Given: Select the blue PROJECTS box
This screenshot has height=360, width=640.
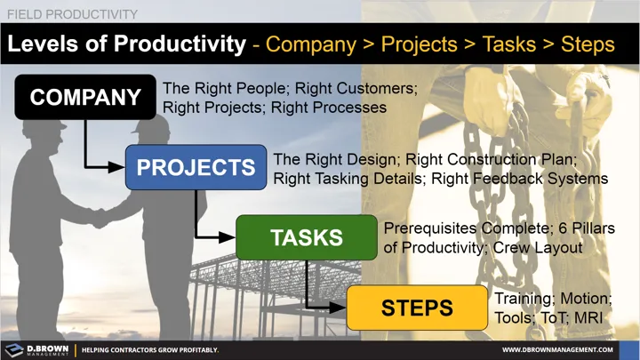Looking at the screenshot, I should coord(196,167).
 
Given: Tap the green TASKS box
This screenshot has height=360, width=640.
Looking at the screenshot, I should coord(306,237).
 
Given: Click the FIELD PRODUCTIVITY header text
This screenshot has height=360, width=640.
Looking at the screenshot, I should coord(72,14).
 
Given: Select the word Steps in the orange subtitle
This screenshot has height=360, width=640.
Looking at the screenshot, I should coord(586,44).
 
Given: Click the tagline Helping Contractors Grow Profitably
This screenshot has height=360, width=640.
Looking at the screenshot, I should coord(150,350).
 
